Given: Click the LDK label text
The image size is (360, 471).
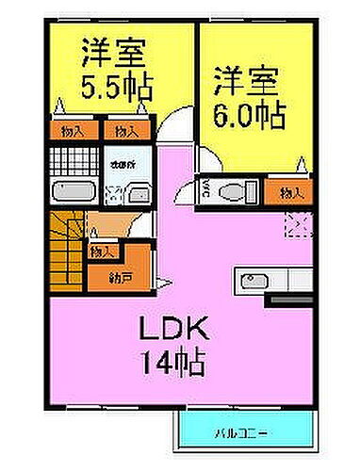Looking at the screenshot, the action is [175, 332].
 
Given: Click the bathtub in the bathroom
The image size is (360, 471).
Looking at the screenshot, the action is [71, 193].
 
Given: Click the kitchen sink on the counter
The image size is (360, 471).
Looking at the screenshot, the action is [254, 281].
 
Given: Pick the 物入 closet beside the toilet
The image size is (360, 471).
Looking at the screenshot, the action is [291, 194].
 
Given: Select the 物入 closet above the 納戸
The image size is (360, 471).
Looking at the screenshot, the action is [101, 252].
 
